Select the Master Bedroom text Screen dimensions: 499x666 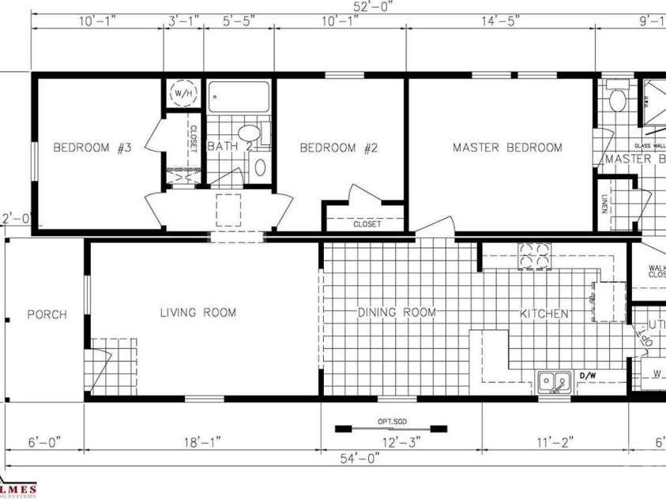pos(507,148)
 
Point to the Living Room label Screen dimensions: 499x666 pos(198,313)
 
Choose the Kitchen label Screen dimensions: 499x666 pos(544,313)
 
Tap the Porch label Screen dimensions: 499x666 pos(47,314)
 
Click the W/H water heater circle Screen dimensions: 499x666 pos(183,93)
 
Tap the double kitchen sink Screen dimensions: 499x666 pos(555,383)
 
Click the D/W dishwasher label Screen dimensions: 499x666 pos(588,376)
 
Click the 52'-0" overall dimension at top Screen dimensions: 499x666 pos(374,6)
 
